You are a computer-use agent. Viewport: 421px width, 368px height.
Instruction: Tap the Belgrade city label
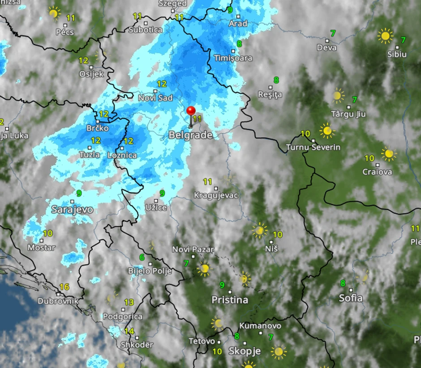(x=190, y=135)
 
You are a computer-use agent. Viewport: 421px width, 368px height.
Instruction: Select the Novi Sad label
(x=155, y=97)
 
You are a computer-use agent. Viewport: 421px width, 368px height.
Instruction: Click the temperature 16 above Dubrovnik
(x=64, y=287)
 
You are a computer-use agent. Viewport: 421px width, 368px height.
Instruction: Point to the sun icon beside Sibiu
(x=385, y=36)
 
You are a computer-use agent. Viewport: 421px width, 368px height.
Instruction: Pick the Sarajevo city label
(x=72, y=209)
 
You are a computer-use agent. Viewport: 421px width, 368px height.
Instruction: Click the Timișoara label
(x=233, y=58)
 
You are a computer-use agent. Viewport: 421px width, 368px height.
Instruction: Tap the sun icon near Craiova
(x=388, y=154)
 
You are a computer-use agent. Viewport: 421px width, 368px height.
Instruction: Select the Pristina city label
(x=230, y=300)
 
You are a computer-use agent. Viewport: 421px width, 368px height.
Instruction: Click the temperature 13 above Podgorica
(x=129, y=302)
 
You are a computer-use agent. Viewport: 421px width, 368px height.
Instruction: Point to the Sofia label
(x=351, y=298)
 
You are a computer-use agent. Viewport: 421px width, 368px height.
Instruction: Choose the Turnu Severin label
(x=313, y=147)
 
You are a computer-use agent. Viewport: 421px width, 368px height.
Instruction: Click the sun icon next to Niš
(x=259, y=230)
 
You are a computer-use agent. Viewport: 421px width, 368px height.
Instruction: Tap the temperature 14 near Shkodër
(x=129, y=331)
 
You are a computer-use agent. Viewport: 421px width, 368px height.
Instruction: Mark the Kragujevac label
(x=216, y=195)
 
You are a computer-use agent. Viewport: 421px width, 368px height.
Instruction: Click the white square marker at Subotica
(x=146, y=22)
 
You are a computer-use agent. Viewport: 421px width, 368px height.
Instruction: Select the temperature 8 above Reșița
(x=276, y=80)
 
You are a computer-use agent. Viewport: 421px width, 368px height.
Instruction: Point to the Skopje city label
(x=245, y=351)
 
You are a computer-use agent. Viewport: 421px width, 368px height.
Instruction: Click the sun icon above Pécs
(x=54, y=13)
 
